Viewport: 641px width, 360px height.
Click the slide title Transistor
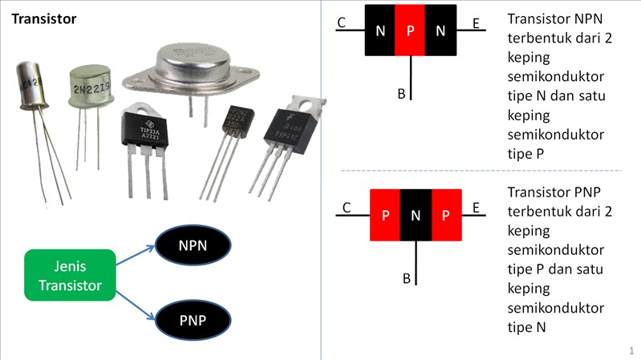pyautogui.click(x=44, y=18)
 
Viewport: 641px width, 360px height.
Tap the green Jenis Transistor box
pyautogui.click(x=70, y=274)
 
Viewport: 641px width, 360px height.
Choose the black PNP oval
pyautogui.click(x=193, y=321)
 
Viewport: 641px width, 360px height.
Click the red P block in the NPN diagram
pyautogui.click(x=410, y=31)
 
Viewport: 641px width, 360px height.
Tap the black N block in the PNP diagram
pyautogui.click(x=416, y=215)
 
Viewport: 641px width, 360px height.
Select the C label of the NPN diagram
pyautogui.click(x=342, y=23)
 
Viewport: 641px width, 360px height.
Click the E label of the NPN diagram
pyautogui.click(x=476, y=23)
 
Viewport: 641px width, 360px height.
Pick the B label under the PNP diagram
pyautogui.click(x=407, y=279)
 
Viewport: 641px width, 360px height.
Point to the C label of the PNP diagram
pyautogui.click(x=347, y=208)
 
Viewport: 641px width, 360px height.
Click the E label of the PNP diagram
pyautogui.click(x=476, y=208)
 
